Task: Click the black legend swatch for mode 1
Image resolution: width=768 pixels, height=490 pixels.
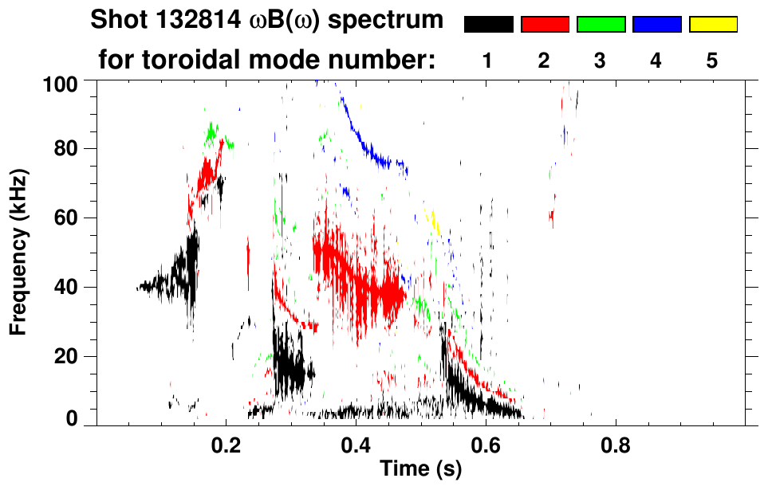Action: (488, 25)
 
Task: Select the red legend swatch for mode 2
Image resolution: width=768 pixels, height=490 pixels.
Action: (544, 25)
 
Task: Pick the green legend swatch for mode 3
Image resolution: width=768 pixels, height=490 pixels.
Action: (601, 25)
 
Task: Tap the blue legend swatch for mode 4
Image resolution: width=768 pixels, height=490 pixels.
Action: (656, 25)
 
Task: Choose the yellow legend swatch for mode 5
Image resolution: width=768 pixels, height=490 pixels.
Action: (713, 25)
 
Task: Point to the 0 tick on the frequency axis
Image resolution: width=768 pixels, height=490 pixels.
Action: (82, 419)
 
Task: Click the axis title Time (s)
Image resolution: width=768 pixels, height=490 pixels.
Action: (420, 469)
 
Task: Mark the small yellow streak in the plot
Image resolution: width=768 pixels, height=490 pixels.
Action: (434, 221)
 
